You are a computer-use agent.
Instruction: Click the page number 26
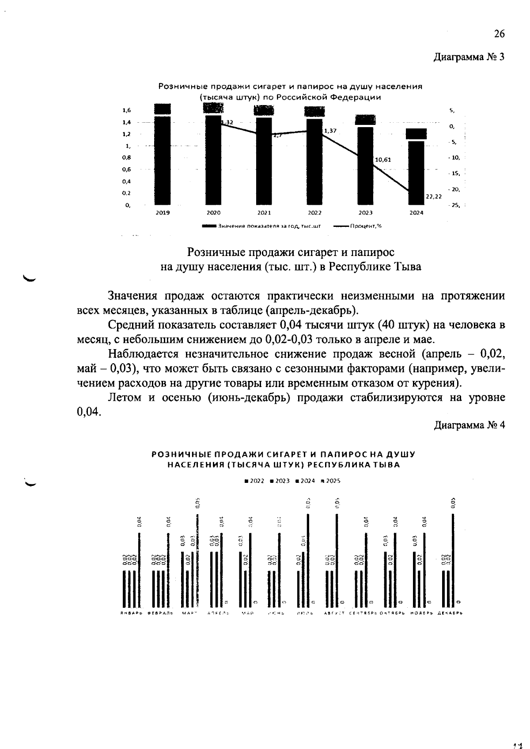[499, 34]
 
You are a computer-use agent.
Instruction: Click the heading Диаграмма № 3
[469, 57]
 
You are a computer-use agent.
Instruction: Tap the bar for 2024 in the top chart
[416, 172]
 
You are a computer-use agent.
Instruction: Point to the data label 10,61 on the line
[382, 160]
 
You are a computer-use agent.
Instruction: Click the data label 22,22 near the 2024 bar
[434, 197]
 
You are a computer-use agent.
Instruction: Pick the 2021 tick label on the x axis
[264, 213]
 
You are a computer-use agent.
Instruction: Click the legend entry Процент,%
[365, 226]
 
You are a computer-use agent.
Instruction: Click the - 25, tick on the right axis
[454, 205]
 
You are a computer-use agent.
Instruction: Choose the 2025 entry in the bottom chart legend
[333, 481]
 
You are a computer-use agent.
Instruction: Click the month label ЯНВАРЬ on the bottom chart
[131, 614]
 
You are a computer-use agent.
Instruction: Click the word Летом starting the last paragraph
[124, 398]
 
